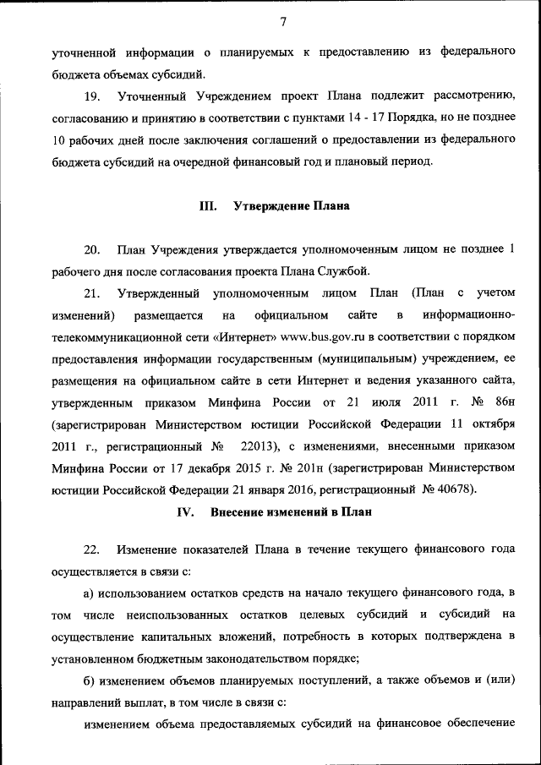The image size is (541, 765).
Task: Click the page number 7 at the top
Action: (284, 22)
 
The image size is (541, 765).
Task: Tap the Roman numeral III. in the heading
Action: (208, 205)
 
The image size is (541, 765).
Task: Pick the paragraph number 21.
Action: (92, 293)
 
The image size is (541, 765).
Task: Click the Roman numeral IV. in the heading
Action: (186, 512)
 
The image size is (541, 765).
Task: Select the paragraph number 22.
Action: (92, 549)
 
